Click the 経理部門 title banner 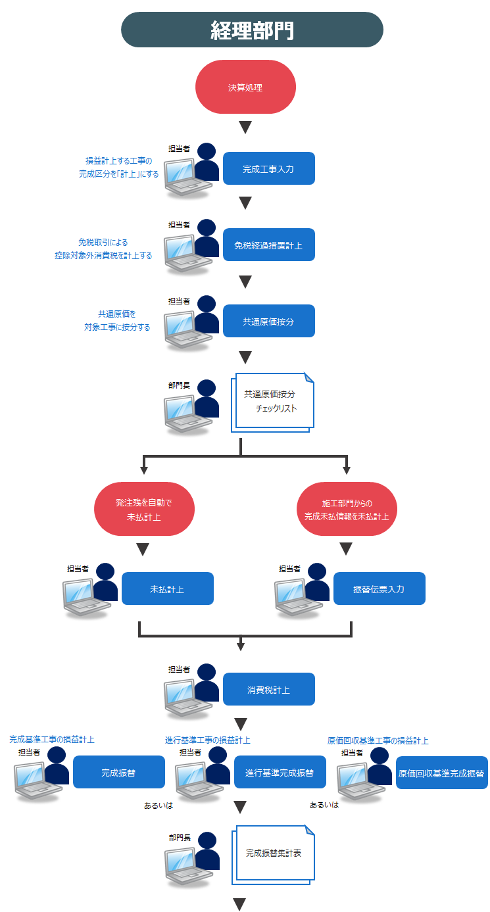(252, 30)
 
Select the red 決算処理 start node (245, 87)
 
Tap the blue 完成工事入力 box (268, 169)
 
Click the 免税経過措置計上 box (268, 245)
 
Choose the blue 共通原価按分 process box (268, 322)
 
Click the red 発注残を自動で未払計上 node (144, 510)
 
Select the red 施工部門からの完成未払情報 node (347, 510)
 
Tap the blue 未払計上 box (167, 588)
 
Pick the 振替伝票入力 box (379, 588)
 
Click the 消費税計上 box (268, 690)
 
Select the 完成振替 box (118, 773)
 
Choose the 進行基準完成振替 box (280, 773)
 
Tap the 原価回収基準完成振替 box (441, 773)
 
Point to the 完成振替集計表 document (273, 853)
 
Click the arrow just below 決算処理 (245, 127)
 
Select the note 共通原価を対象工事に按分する (117, 320)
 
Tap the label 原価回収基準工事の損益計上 (378, 740)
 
